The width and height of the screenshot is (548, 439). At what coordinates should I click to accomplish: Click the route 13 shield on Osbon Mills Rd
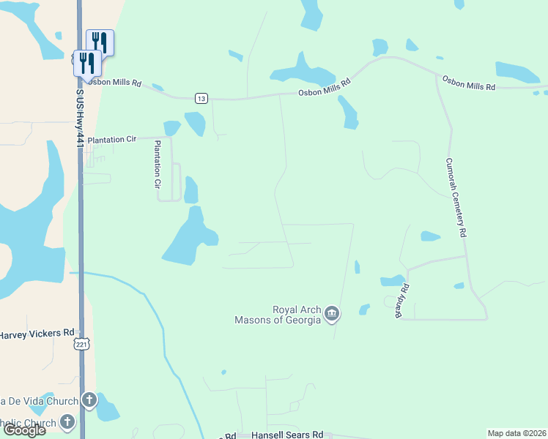[201, 98]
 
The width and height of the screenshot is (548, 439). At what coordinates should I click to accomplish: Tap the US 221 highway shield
[82, 344]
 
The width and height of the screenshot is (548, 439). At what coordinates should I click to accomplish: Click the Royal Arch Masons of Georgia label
[278, 315]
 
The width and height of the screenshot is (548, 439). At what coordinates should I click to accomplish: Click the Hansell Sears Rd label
[287, 435]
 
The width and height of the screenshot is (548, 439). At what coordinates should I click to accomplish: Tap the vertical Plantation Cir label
[157, 165]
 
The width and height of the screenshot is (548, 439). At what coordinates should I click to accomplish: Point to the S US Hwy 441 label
[78, 117]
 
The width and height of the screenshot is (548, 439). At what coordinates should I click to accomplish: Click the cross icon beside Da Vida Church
[89, 399]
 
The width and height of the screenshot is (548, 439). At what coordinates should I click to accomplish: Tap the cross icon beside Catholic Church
[67, 421]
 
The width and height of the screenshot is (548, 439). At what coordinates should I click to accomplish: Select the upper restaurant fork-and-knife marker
[100, 42]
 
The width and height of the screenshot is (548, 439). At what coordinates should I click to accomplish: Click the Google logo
[24, 430]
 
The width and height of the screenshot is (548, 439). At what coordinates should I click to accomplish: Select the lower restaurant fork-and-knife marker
[86, 61]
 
